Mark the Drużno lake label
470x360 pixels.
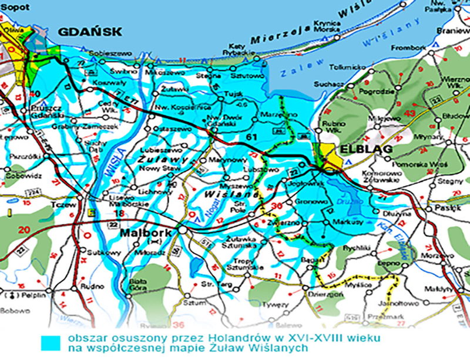(345, 201)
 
